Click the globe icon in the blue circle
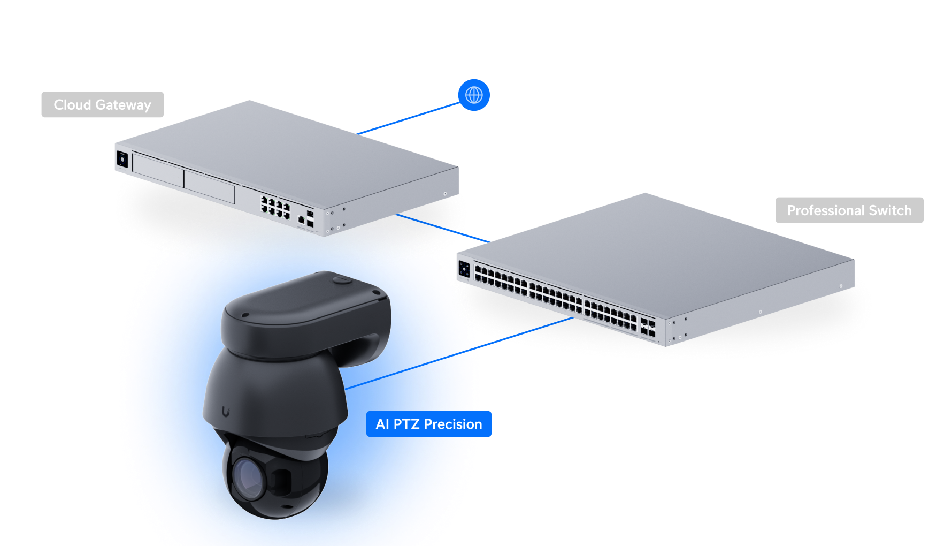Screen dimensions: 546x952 [474, 95]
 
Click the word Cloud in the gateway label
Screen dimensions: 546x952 [72, 105]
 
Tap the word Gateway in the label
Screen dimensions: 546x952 [123, 105]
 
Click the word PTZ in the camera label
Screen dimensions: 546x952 [406, 424]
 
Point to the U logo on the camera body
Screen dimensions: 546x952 [226, 412]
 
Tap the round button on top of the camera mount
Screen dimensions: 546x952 [342, 279]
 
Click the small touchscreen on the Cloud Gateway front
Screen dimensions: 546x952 [122, 159]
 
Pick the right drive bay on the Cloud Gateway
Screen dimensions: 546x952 [210, 185]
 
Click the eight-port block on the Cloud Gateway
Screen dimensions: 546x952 [275, 207]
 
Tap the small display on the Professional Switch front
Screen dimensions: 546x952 [464, 268]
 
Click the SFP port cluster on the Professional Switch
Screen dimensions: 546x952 [648, 327]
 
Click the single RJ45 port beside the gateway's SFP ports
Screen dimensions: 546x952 [301, 219]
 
